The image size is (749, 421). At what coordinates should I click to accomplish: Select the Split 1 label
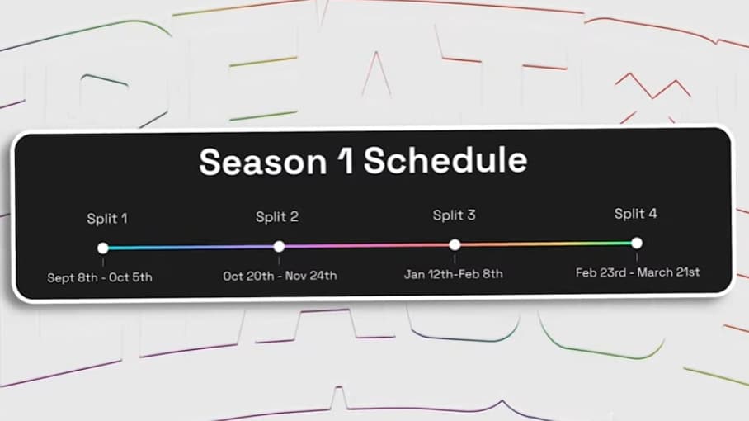point(107,219)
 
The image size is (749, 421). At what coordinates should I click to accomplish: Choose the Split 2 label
point(277,217)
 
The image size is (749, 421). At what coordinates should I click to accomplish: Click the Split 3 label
point(454,215)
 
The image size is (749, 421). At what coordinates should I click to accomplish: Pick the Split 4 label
point(635,214)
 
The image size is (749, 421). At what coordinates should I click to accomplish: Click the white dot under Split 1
point(102,248)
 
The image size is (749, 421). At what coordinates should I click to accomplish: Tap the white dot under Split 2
point(279,246)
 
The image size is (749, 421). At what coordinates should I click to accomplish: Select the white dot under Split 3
point(455,244)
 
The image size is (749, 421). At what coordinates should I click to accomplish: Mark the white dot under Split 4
point(636,243)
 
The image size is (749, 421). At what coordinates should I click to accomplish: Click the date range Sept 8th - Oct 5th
point(100,277)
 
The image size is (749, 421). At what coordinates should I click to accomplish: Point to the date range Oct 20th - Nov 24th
point(280,276)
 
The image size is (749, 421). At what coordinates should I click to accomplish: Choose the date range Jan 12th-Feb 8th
point(453,274)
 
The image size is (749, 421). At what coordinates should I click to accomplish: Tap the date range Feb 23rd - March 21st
point(637,272)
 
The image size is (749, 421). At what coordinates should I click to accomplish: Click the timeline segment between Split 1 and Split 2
point(191,247)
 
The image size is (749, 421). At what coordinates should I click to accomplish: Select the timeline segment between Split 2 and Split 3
point(367,245)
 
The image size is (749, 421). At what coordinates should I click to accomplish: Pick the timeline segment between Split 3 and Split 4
point(545,244)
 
